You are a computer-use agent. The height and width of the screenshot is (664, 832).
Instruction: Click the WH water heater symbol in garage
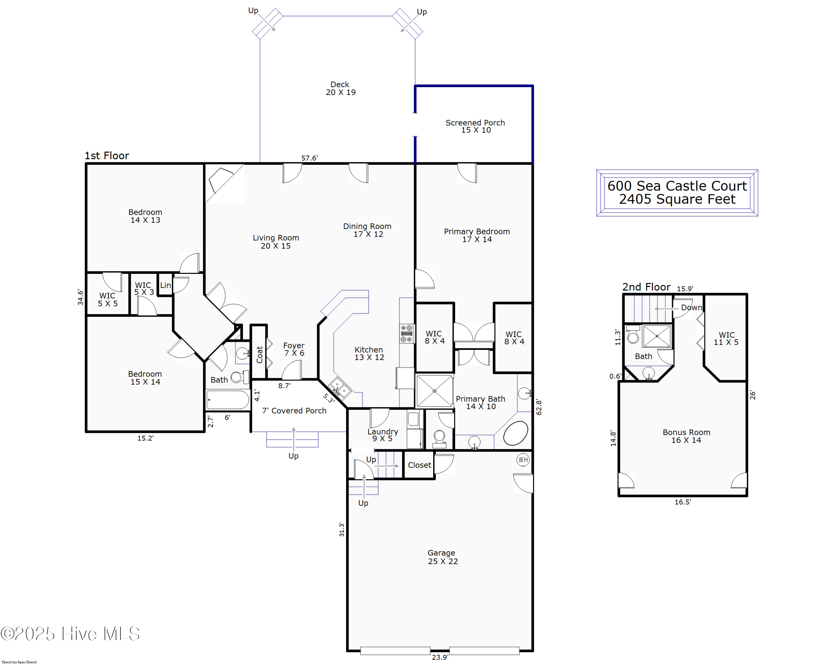[522, 460]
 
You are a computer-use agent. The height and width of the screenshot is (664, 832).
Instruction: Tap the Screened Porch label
[475, 126]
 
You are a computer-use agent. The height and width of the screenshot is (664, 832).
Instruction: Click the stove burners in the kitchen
[406, 334]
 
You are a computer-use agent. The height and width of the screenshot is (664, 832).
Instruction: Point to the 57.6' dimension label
[309, 158]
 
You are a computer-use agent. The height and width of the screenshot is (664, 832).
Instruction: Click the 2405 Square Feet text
[677, 199]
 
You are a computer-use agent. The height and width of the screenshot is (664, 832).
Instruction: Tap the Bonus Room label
[686, 436]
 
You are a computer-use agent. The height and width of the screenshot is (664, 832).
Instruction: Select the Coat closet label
[259, 354]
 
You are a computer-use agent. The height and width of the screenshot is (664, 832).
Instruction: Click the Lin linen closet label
[165, 285]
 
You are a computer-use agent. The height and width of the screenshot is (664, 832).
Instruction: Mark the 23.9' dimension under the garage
[440, 657]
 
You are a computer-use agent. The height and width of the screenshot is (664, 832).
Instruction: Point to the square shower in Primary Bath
[434, 391]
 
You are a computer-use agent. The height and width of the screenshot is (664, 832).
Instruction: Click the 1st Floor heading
[106, 156]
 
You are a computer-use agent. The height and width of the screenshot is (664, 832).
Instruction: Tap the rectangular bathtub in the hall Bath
[228, 400]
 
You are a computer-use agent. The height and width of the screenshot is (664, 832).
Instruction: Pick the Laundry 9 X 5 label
[382, 435]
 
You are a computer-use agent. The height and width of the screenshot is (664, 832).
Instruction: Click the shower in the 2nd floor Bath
[657, 336]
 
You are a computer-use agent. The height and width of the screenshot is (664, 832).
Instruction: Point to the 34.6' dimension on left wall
[80, 297]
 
